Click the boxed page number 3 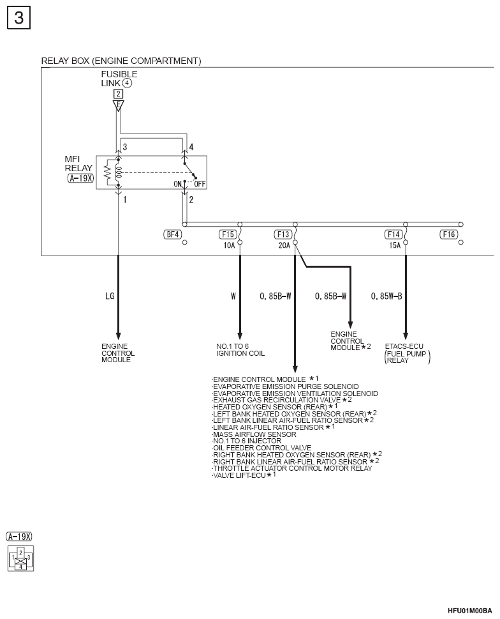pyautogui.click(x=18, y=18)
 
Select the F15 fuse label pyautogui.click(x=228, y=234)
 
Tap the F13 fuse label pyautogui.click(x=283, y=234)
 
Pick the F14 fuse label pyautogui.click(x=393, y=234)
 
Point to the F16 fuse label pyautogui.click(x=449, y=234)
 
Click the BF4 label pyautogui.click(x=173, y=234)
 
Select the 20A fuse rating pyautogui.click(x=284, y=245)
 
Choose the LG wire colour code pyautogui.click(x=110, y=296)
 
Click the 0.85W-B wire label pyautogui.click(x=386, y=296)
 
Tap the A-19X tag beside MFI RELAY pyautogui.click(x=80, y=178)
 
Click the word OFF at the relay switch pyautogui.click(x=200, y=184)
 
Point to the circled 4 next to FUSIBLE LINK pyautogui.click(x=127, y=83)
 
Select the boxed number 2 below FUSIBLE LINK pyautogui.click(x=118, y=94)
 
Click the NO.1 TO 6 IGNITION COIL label pyautogui.click(x=240, y=350)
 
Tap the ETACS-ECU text pyautogui.click(x=404, y=346)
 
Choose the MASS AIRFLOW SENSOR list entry pyautogui.click(x=254, y=434)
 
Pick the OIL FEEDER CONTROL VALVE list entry pyautogui.click(x=261, y=448)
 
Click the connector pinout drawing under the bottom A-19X pyautogui.click(x=21, y=558)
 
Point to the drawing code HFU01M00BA pyautogui.click(x=469, y=611)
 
